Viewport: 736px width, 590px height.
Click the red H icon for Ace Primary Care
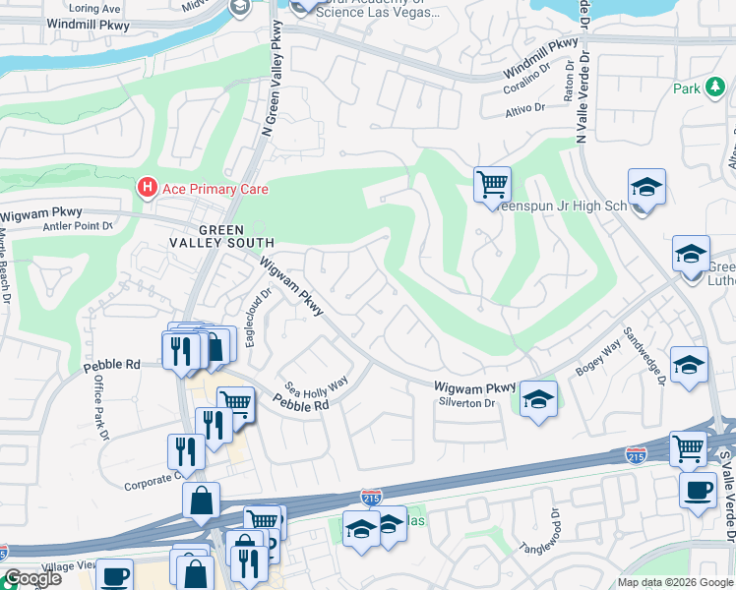pos(147,187)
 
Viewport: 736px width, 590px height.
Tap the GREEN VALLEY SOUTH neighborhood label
pos(221,235)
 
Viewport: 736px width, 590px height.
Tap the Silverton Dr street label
pos(469,403)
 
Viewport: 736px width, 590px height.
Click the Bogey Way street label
pos(596,353)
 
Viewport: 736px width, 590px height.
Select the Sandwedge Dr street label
pos(650,355)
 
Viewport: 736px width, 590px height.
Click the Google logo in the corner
pos(31,578)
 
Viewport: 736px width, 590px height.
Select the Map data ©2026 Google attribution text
pos(675,582)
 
